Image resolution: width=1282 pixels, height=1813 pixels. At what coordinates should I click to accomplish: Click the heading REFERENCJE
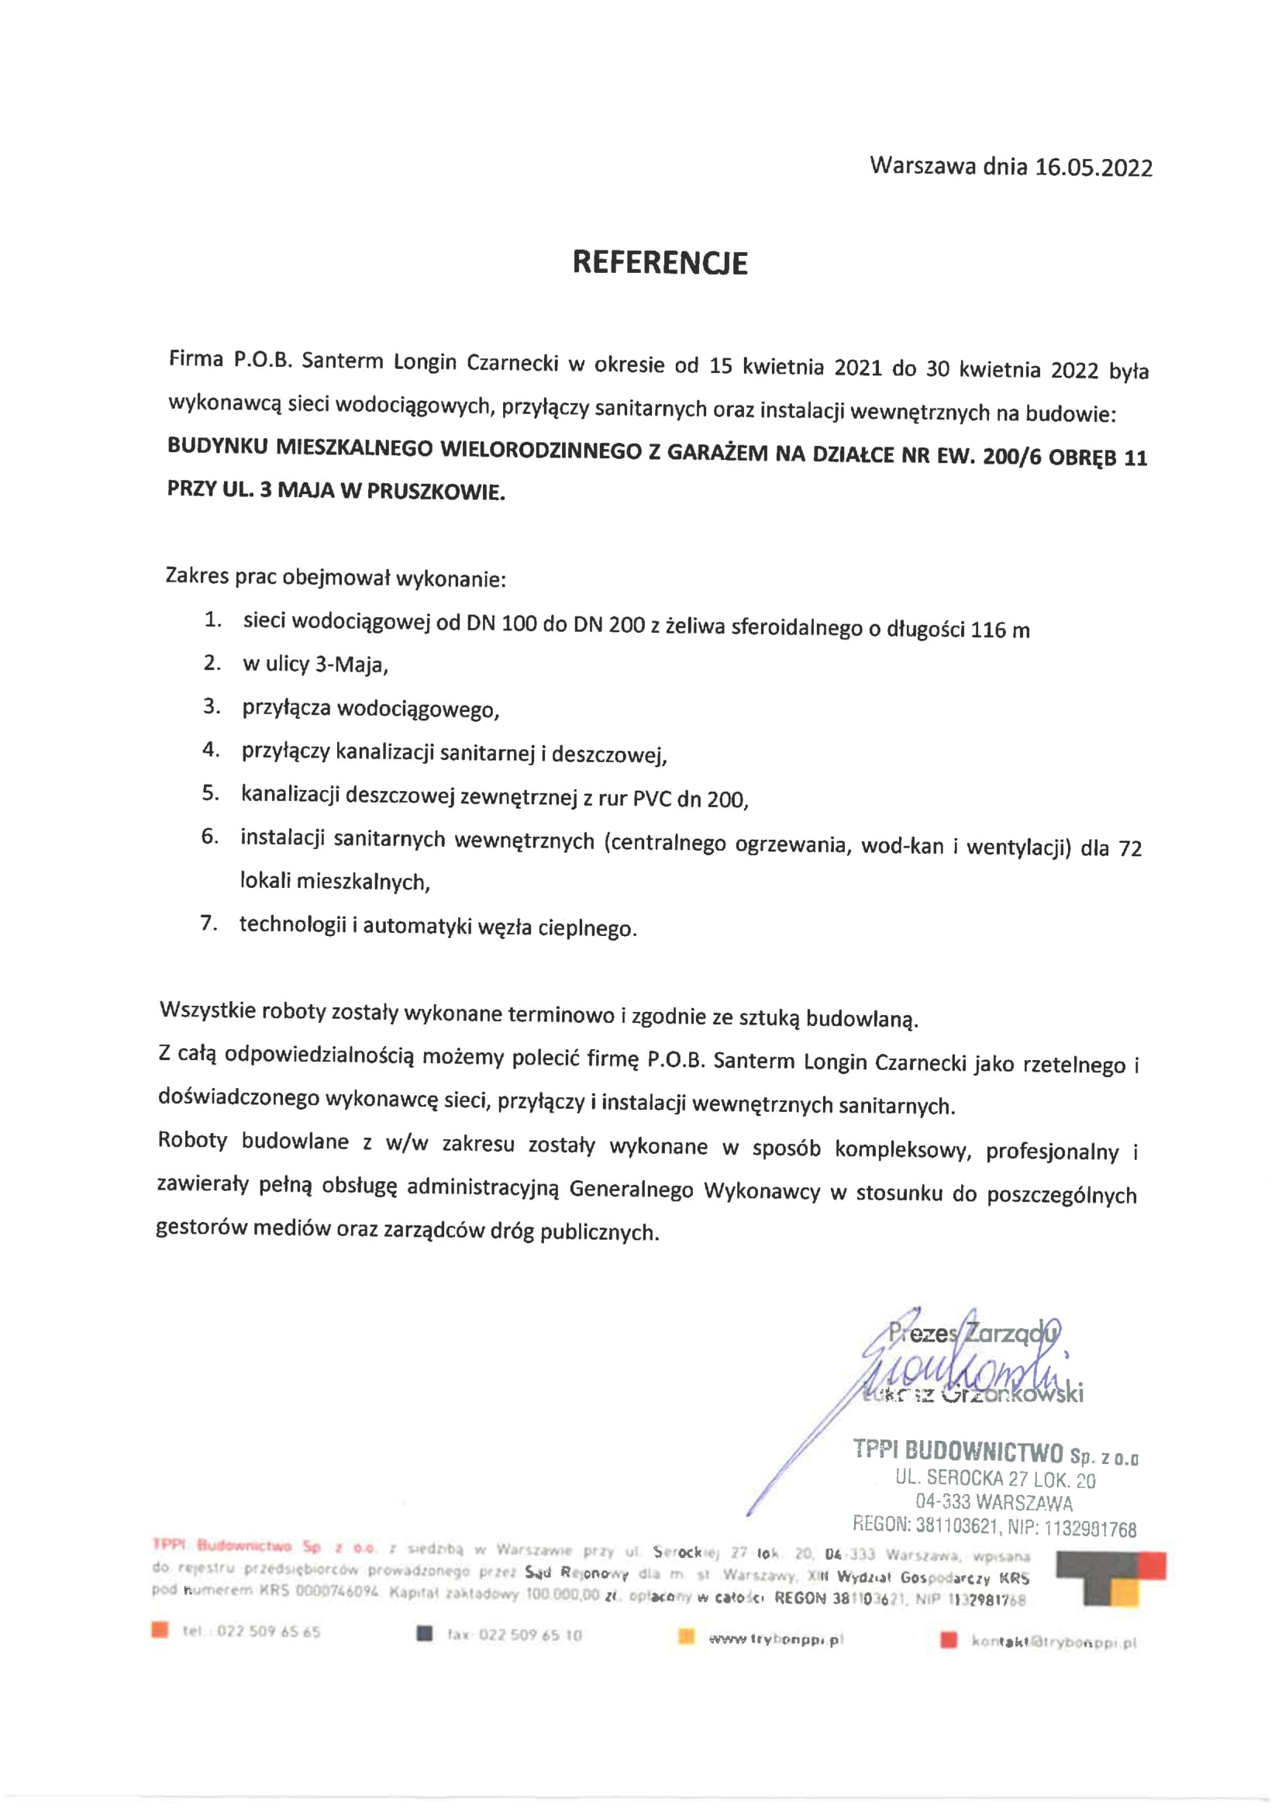(660, 263)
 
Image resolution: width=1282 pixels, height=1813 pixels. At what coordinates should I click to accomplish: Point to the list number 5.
(210, 793)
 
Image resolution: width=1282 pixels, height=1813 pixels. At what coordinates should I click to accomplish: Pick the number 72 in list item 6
(1129, 849)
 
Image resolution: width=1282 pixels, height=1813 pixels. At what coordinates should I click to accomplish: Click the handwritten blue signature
(971, 1374)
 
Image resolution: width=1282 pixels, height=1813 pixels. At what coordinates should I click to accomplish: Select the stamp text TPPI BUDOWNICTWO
(958, 1451)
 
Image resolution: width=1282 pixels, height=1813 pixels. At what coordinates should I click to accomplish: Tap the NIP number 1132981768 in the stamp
(1089, 1528)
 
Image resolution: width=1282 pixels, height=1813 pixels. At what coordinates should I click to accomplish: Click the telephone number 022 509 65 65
(267, 1632)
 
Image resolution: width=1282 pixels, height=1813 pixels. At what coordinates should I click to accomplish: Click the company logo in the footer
(1111, 1580)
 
